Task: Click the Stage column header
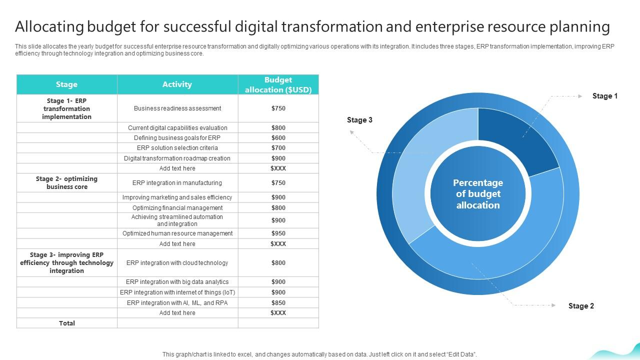click(66, 84)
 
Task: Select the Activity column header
click(177, 84)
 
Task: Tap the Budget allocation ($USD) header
click(278, 84)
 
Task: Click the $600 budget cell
click(278, 137)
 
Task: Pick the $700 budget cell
click(278, 148)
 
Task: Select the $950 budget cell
click(278, 233)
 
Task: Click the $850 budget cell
click(278, 302)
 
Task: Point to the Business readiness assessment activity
click(177, 108)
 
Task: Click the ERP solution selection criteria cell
click(177, 148)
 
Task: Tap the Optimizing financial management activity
click(177, 208)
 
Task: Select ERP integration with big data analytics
click(177, 282)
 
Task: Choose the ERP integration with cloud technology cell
click(177, 263)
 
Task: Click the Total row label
click(67, 323)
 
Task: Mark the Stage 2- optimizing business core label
click(66, 183)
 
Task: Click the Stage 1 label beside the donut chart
click(605, 96)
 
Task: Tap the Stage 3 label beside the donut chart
click(359, 120)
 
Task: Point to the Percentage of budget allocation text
click(478, 194)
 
